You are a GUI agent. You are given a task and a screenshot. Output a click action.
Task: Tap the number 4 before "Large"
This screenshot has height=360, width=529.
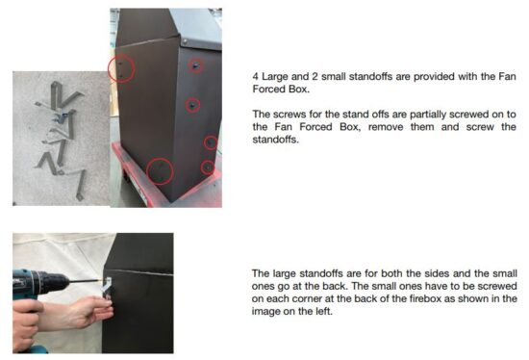[256, 77]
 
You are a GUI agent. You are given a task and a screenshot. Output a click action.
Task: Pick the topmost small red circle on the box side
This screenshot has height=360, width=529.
[195, 65]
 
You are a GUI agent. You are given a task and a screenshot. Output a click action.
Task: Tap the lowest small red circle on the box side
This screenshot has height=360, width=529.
[208, 167]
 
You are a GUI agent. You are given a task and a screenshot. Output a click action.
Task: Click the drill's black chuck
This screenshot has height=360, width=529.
[56, 282]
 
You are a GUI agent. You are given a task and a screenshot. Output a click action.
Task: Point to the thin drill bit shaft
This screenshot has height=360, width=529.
[86, 281]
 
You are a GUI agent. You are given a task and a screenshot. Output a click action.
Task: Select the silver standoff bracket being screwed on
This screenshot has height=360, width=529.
[108, 288]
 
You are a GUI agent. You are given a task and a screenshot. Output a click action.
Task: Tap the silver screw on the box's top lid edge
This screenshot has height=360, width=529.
[185, 41]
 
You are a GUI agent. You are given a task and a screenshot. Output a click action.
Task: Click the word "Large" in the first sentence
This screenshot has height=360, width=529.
[275, 77]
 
